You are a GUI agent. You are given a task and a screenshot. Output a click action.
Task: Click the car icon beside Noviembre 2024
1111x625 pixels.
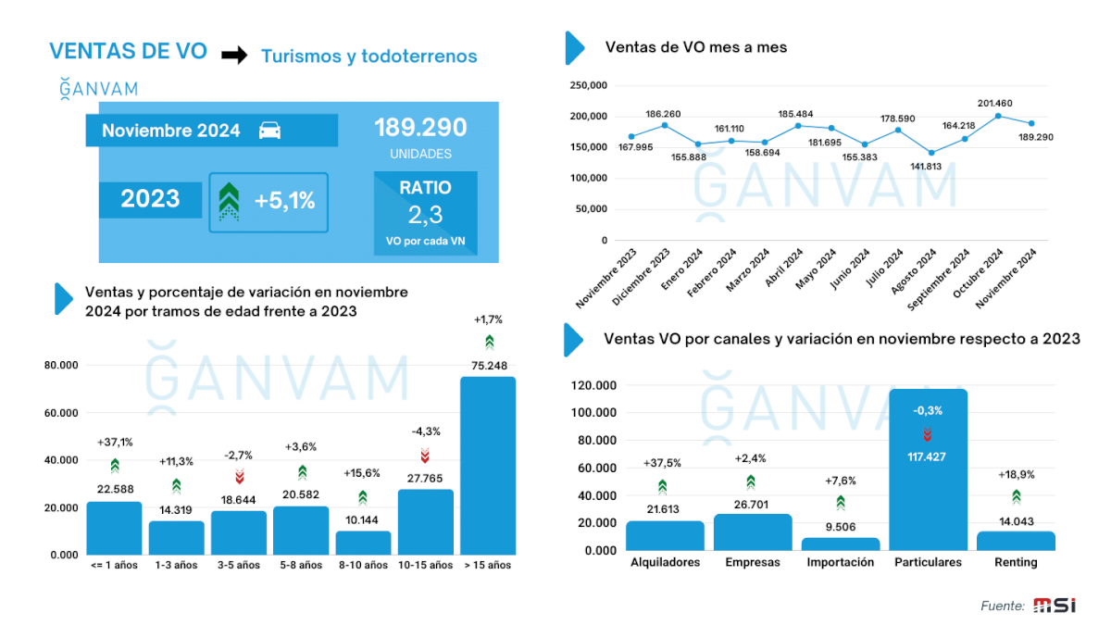pyautogui.click(x=269, y=130)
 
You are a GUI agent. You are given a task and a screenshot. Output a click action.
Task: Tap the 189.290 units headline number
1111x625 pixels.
pyautogui.click(x=420, y=128)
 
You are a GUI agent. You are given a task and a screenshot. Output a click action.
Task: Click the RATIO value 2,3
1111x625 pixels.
pyautogui.click(x=425, y=216)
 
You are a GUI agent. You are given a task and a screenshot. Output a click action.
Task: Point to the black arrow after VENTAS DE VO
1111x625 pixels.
pyautogui.click(x=234, y=56)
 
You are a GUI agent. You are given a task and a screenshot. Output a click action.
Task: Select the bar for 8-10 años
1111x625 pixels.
pyautogui.click(x=363, y=543)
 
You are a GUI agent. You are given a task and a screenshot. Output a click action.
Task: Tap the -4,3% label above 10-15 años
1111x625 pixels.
pyautogui.click(x=425, y=431)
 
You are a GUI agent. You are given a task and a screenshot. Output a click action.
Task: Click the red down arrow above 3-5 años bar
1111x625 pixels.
pyautogui.click(x=239, y=476)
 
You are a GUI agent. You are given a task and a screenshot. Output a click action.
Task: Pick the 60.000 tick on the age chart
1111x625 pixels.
pyautogui.click(x=61, y=412)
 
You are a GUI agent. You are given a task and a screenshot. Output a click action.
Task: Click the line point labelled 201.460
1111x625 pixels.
pyautogui.click(x=998, y=116)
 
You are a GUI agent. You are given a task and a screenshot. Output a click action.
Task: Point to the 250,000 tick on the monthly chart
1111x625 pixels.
pyautogui.click(x=588, y=86)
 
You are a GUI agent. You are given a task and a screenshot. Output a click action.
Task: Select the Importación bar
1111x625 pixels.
pyautogui.click(x=840, y=544)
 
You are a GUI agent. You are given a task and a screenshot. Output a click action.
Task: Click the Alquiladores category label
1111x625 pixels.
pyautogui.click(x=665, y=562)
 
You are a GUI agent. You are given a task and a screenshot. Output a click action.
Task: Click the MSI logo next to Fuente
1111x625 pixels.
pyautogui.click(x=1055, y=606)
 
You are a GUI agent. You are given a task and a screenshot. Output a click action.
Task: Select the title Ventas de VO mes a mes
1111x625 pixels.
pyautogui.click(x=695, y=47)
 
